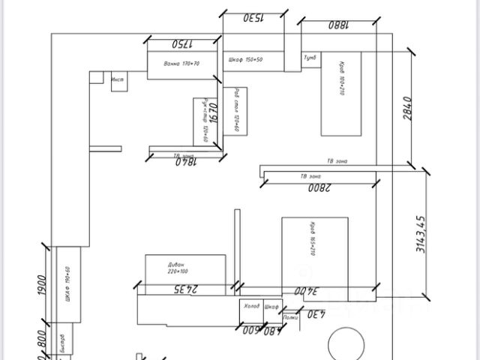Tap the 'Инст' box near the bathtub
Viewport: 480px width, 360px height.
(118, 79)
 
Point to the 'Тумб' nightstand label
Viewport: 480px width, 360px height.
(310, 57)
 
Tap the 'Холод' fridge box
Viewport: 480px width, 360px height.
(251, 307)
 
